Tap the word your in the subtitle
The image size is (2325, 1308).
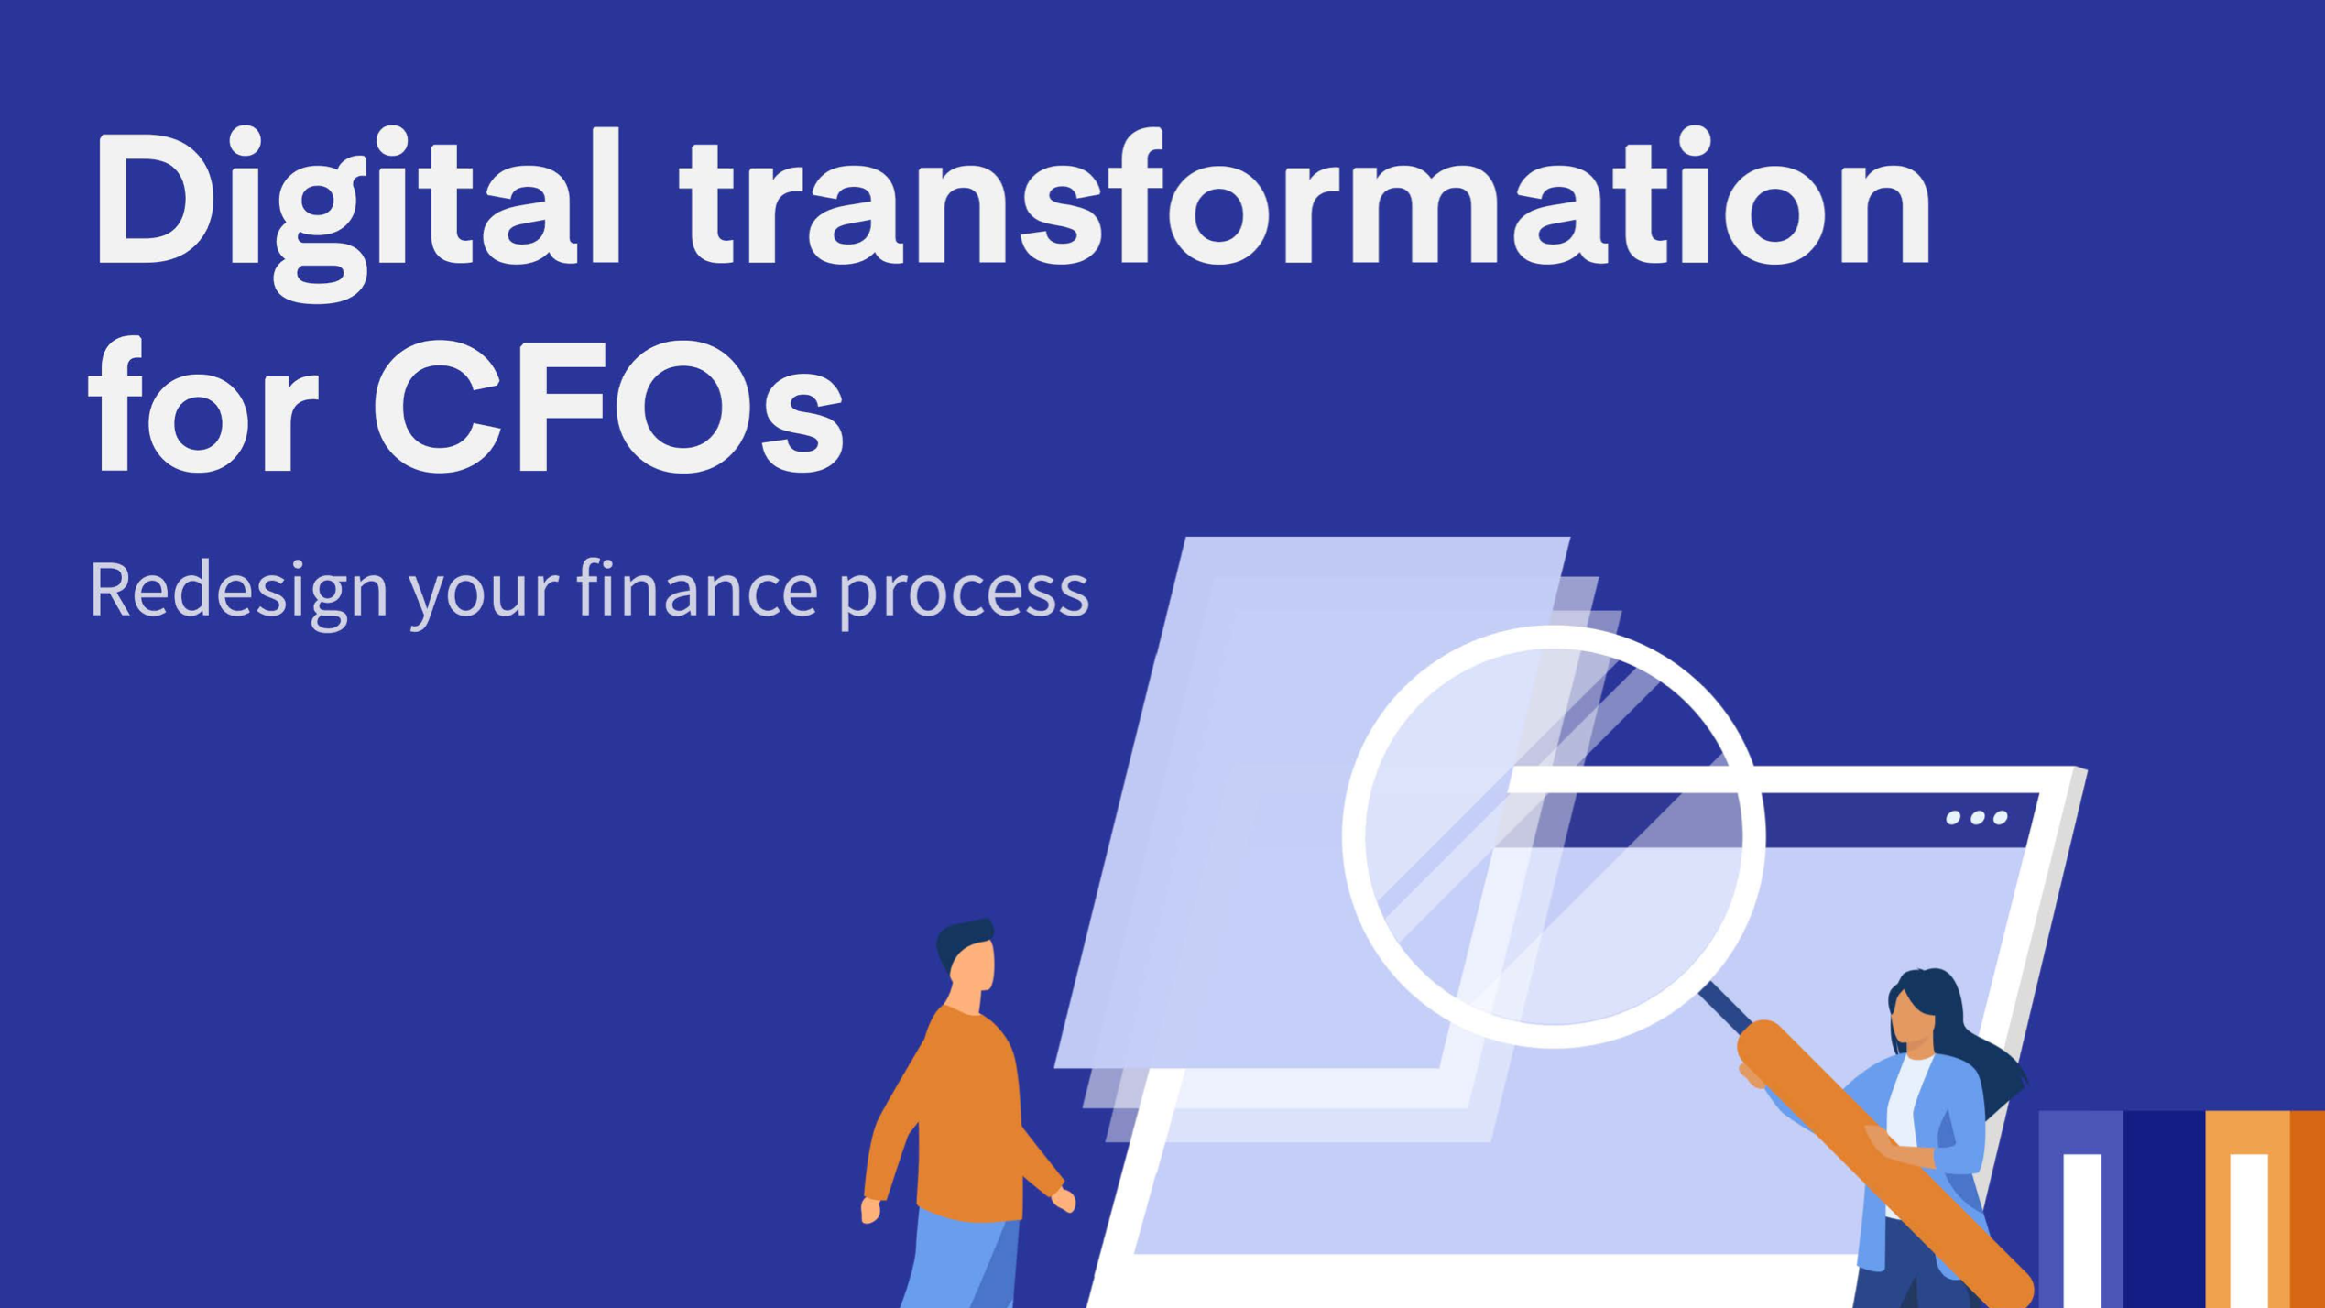coord(483,596)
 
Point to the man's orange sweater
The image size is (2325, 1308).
coord(962,1113)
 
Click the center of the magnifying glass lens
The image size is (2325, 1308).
coord(1554,836)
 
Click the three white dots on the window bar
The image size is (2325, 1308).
coord(1977,817)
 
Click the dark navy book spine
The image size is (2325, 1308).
coord(2165,1209)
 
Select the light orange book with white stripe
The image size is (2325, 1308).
coord(2248,1209)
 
